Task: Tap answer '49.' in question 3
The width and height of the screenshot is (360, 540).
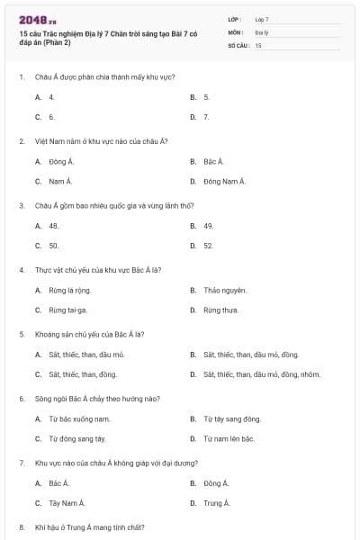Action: click(x=208, y=226)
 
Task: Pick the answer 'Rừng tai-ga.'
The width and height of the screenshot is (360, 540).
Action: click(x=67, y=310)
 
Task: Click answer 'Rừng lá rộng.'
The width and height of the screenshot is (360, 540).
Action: click(x=69, y=290)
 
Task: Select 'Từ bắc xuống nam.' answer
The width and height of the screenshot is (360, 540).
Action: click(x=79, y=418)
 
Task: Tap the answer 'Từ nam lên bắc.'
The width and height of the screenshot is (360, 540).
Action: click(x=229, y=438)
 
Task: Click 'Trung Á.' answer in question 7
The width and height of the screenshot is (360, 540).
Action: click(x=216, y=503)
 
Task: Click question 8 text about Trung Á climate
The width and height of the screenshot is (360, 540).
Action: click(x=89, y=526)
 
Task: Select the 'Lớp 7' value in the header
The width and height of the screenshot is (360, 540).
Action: click(x=262, y=19)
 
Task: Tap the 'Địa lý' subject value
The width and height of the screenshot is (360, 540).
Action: click(x=262, y=31)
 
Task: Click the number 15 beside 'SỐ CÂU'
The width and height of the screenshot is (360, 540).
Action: click(x=258, y=44)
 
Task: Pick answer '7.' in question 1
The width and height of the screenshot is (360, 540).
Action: click(x=206, y=117)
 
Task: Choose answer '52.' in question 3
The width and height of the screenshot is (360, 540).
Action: click(x=208, y=246)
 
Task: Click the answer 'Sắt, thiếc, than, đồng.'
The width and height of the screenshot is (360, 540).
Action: click(x=83, y=374)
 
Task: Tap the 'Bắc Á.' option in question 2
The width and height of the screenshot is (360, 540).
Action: click(x=213, y=162)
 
